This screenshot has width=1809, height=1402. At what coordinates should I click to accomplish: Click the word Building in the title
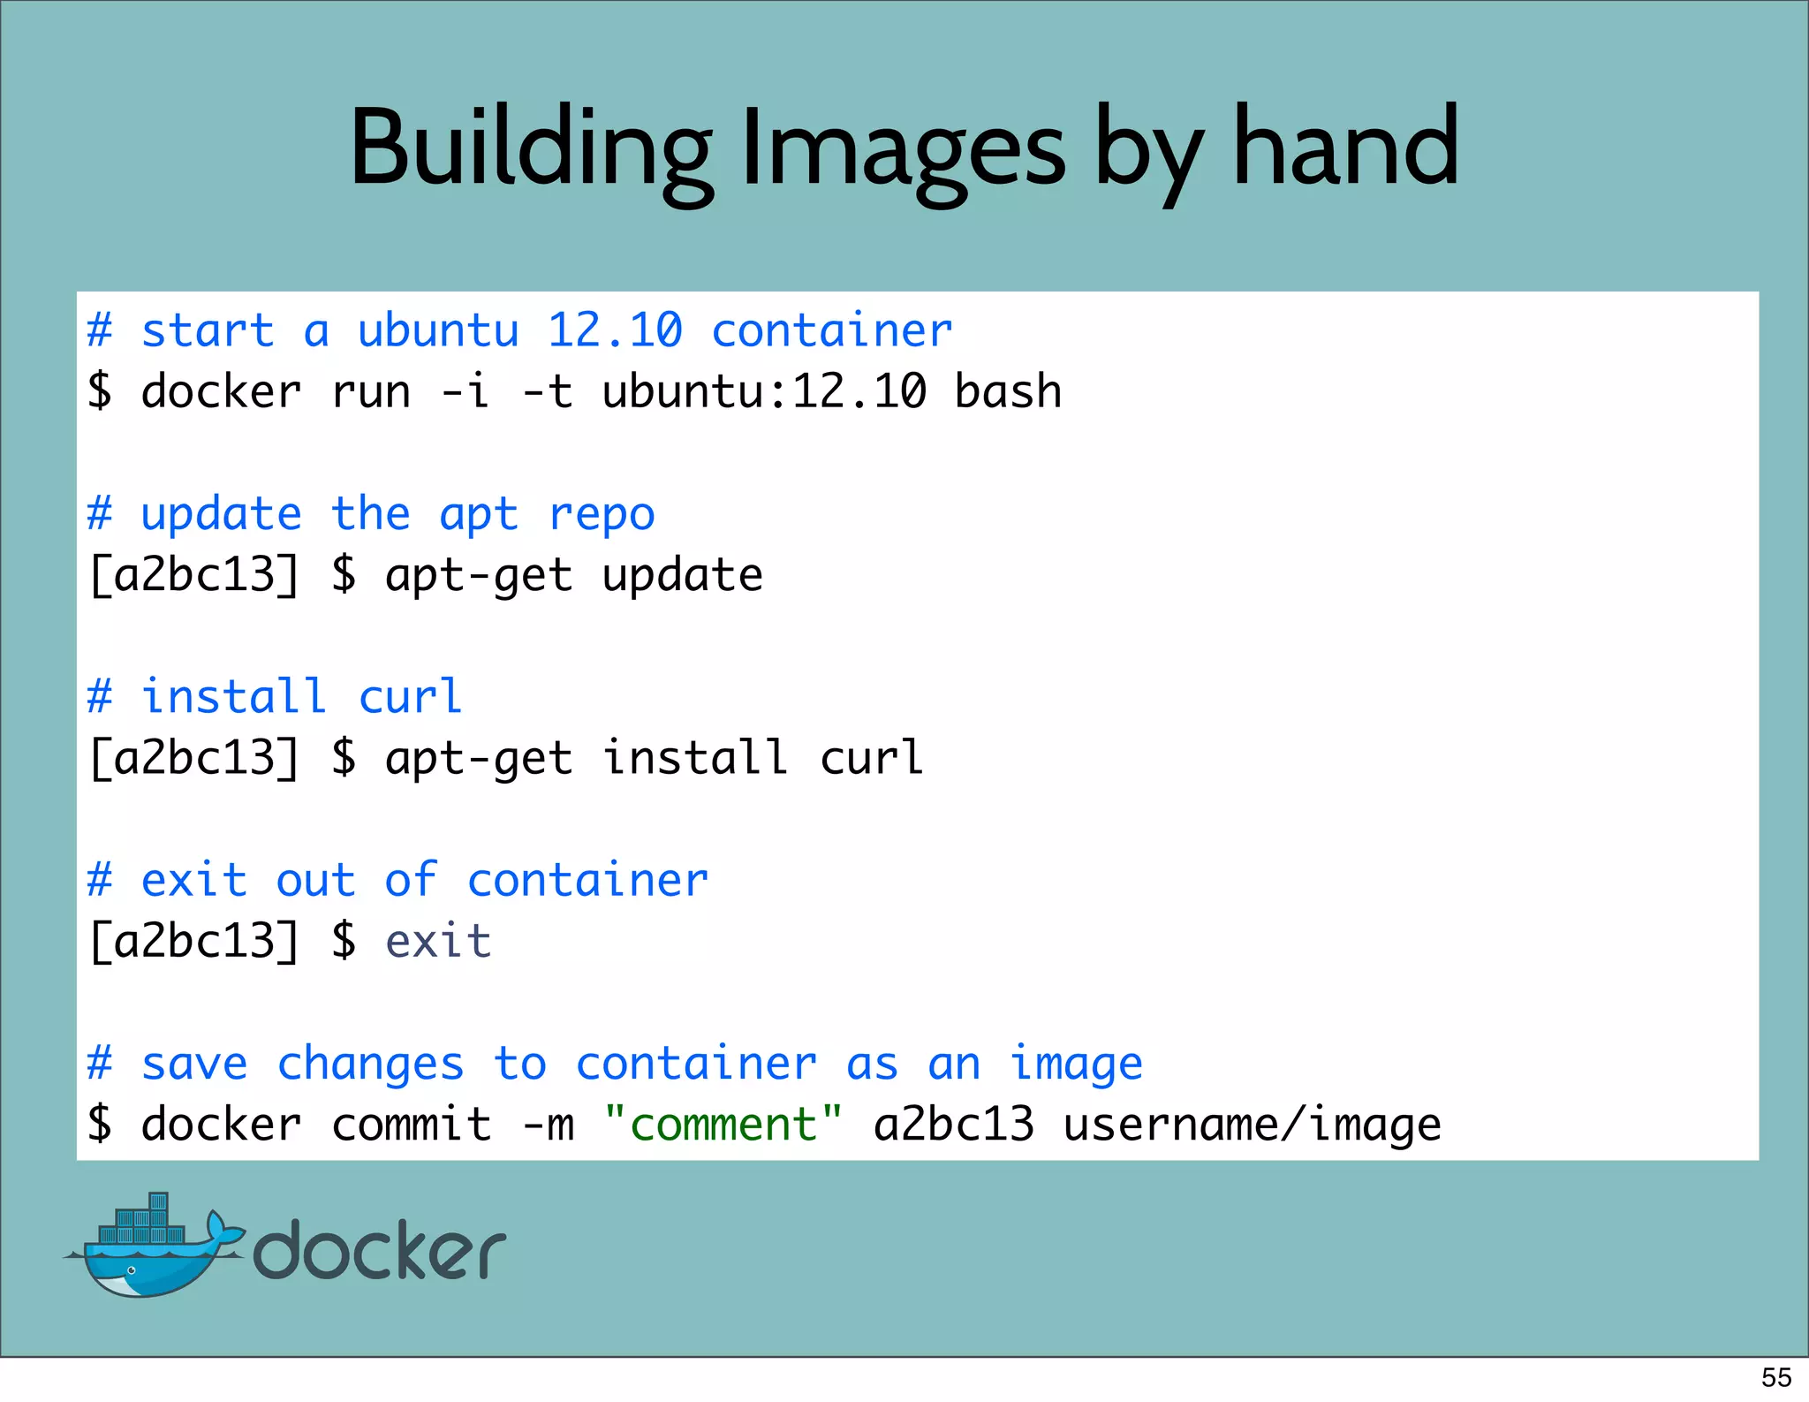[530, 148]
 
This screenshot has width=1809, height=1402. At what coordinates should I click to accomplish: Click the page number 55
[1776, 1377]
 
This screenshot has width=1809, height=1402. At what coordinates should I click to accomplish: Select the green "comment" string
[723, 1125]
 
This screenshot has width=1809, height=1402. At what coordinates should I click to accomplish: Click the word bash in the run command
[1008, 391]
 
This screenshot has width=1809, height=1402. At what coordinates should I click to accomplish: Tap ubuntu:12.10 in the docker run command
[764, 391]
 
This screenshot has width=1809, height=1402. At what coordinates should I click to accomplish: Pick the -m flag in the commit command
[548, 1125]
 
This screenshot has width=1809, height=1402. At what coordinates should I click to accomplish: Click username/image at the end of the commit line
[1252, 1125]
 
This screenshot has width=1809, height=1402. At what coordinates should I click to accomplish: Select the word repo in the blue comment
[602, 514]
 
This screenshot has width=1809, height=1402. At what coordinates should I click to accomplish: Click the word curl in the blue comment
[410, 697]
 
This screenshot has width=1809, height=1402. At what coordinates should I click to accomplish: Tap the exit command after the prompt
[438, 941]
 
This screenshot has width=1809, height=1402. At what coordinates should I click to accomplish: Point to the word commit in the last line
[411, 1125]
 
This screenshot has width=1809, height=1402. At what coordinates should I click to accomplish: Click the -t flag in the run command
[547, 391]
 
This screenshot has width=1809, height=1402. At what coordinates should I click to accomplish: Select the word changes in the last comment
[370, 1064]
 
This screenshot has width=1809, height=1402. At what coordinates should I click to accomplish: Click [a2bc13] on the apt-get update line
[194, 575]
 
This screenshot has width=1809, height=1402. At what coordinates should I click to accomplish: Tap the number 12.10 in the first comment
[615, 331]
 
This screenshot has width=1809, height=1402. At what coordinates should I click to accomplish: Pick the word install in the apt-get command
[695, 758]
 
